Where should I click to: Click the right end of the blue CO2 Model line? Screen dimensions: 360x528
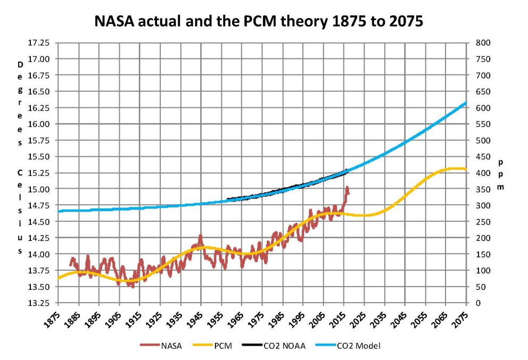click(466, 103)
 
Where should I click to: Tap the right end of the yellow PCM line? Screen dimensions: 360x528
click(466, 169)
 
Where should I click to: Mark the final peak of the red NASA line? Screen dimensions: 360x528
click(347, 187)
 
